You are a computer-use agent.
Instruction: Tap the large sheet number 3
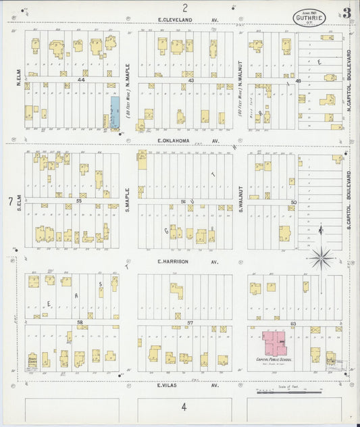tap(345, 13)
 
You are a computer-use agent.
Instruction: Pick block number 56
tap(183, 201)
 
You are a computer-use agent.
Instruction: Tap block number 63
tap(293, 324)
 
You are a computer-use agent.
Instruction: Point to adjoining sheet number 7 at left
tap(9, 201)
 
